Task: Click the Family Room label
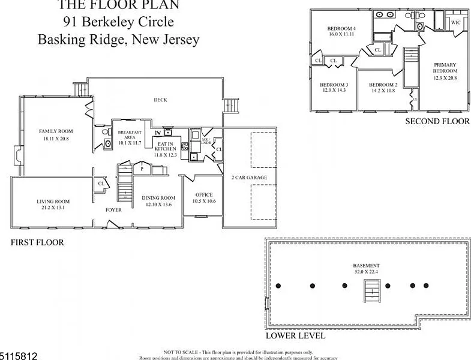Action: click(56, 131)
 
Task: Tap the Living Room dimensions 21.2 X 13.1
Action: click(53, 208)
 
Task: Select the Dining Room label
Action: click(158, 197)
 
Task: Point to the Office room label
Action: click(204, 194)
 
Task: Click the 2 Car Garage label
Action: click(249, 178)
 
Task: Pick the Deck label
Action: click(160, 100)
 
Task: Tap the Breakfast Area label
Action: click(129, 134)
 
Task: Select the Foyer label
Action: click(114, 210)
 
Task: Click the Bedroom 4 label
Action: click(341, 28)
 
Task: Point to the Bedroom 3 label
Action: click(334, 85)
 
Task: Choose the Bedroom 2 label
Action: click(383, 85)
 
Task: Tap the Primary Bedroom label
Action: click(445, 68)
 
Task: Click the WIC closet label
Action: click(456, 22)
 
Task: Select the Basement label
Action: click(366, 265)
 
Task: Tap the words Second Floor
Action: click(437, 121)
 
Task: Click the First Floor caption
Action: click(37, 243)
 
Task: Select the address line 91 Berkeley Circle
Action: click(118, 23)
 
